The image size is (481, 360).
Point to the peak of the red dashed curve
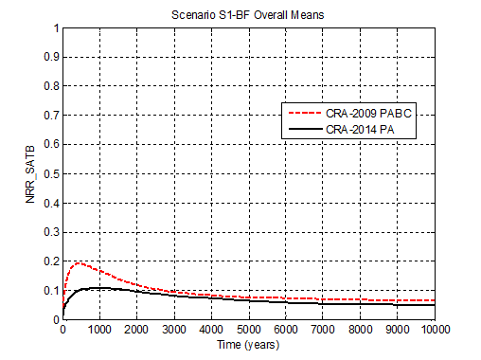pyautogui.click(x=79, y=262)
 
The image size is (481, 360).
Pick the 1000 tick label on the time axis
pyautogui.click(x=99, y=329)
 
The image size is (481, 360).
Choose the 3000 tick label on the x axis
pyautogui.click(x=173, y=329)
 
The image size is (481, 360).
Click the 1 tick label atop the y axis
pyautogui.click(x=54, y=28)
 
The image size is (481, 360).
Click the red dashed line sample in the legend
pyautogui.click(x=304, y=113)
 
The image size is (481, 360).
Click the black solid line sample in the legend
pyautogui.click(x=304, y=128)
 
